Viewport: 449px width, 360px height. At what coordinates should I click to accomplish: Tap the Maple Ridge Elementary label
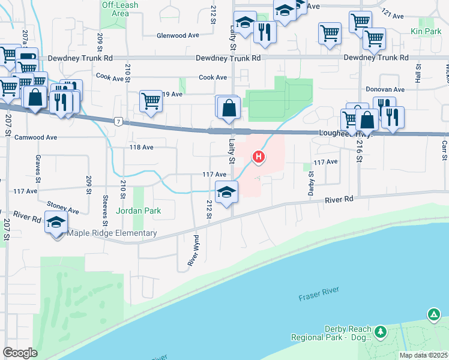click(113, 233)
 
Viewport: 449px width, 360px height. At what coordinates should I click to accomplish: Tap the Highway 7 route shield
click(119, 121)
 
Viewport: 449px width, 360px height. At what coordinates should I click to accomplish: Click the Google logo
click(20, 353)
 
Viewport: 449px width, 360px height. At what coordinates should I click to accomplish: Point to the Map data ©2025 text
click(423, 355)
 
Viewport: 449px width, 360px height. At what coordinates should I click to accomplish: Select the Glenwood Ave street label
click(178, 35)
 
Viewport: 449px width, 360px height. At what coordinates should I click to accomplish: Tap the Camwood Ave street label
click(36, 137)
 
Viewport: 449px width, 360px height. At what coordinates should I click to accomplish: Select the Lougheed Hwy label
click(347, 135)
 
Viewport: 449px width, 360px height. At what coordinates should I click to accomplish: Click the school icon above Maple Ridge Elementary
click(56, 223)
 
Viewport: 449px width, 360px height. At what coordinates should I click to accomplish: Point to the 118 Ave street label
click(142, 147)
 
